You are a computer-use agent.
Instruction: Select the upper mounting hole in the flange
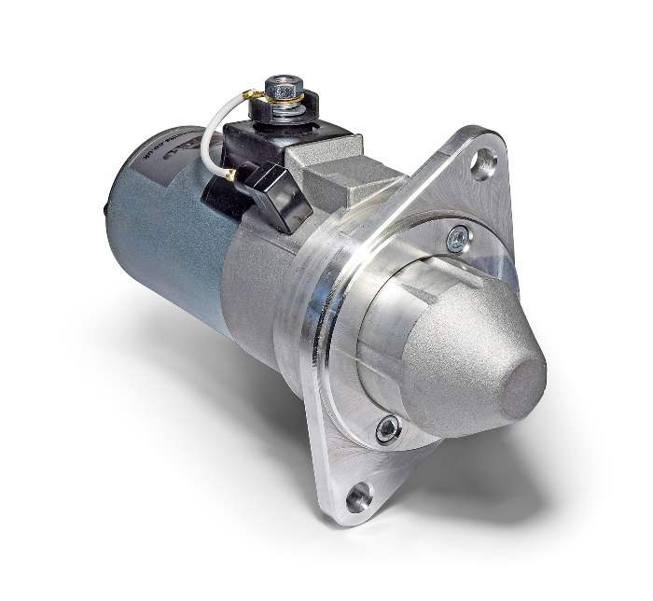[483, 166]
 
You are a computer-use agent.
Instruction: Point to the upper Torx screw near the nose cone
[456, 239]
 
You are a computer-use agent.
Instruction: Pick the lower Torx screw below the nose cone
[386, 429]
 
